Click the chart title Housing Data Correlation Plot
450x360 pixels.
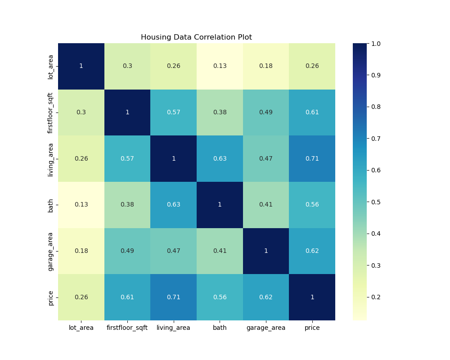tap(196, 37)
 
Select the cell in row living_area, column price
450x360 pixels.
tap(312, 158)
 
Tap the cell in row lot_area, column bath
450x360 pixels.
tap(220, 66)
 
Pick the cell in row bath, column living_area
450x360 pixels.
tap(173, 205)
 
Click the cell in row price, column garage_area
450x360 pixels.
tap(266, 297)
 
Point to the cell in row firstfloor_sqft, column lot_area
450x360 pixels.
tap(81, 112)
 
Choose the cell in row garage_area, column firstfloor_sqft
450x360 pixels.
tap(127, 251)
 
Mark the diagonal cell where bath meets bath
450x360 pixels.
tap(220, 205)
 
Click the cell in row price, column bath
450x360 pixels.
tap(220, 297)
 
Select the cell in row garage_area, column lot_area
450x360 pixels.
tap(81, 251)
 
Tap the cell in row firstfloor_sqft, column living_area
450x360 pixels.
tap(173, 112)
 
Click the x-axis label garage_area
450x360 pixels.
tap(266, 328)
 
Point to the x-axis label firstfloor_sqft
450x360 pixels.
tap(127, 328)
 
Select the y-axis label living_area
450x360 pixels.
tap(51, 158)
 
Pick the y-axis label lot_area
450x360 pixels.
tap(51, 66)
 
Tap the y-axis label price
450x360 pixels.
tap(51, 297)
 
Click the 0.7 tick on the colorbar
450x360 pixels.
tap(376, 139)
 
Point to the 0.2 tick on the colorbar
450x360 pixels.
tap(376, 297)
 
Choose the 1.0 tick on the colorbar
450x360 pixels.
tap(376, 44)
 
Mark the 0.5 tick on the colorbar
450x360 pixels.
tap(376, 202)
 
